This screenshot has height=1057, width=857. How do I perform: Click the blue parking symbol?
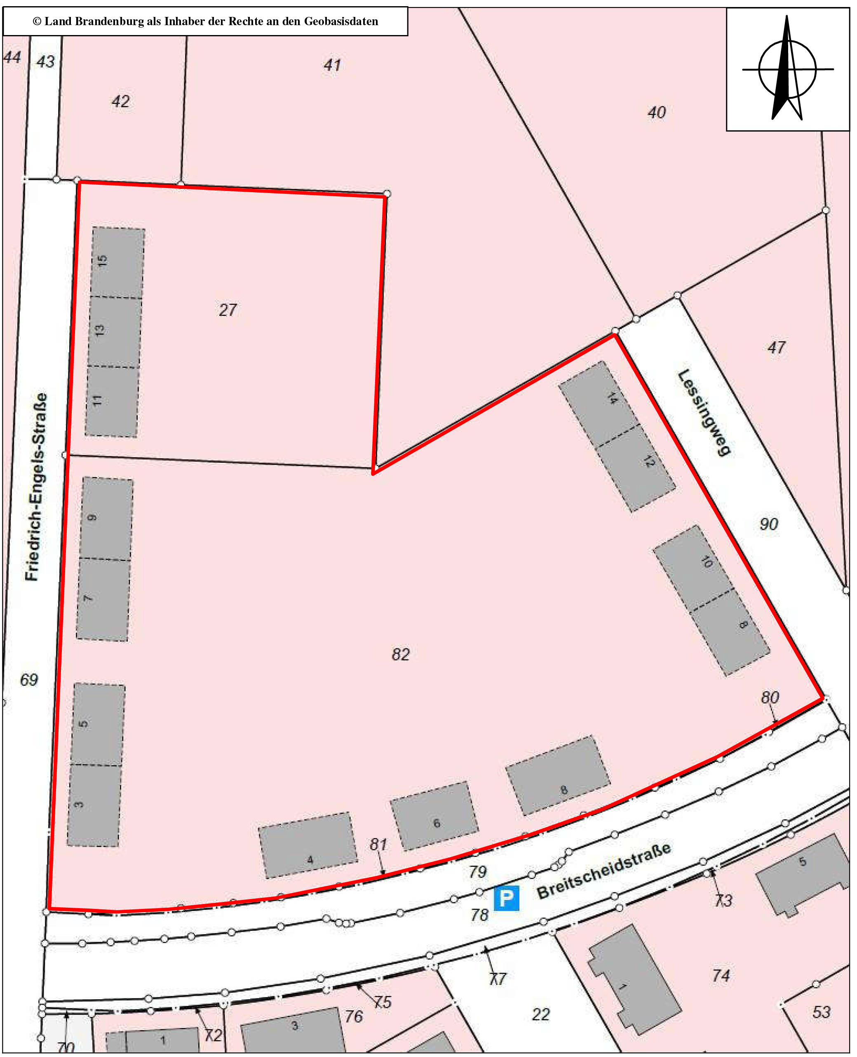click(x=506, y=898)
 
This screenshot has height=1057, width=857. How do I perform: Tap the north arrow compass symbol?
click(x=787, y=69)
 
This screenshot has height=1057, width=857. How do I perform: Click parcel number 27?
click(x=228, y=310)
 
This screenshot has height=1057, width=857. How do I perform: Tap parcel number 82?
click(x=400, y=654)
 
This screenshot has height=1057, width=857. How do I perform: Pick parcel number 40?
click(x=657, y=113)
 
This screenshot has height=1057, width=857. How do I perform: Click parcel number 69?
click(x=28, y=680)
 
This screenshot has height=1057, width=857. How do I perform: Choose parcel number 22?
click(x=540, y=1014)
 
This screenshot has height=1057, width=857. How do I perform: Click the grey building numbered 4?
click(x=308, y=845)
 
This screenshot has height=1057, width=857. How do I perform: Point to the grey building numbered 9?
click(x=107, y=518)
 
